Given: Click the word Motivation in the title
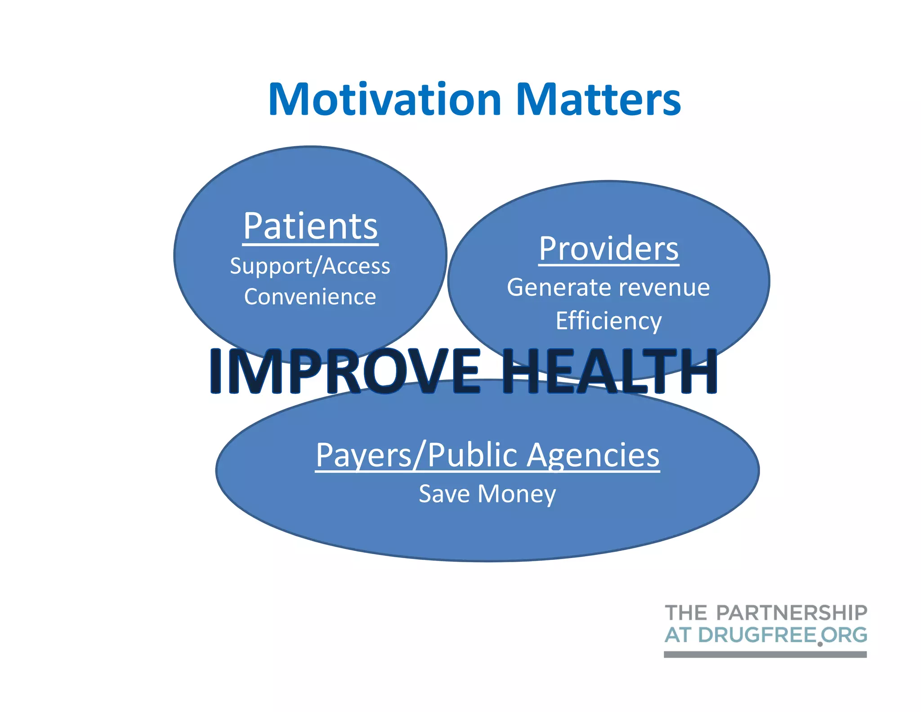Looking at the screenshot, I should coord(384,100).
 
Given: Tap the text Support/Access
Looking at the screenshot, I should coord(310,266).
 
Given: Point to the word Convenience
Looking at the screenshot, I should coord(310,297).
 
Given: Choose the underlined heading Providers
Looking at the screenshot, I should coord(608,249).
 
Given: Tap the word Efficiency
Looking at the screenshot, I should coord(608,321).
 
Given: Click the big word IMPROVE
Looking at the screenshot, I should coord(344,372).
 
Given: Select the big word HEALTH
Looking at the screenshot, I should coord(608,372).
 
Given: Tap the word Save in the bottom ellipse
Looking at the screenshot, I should coord(444,494).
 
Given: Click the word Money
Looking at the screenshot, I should coord(517,494).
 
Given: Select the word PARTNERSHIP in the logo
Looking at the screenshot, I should coord(791,613).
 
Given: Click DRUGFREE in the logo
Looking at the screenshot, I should coord(757,635).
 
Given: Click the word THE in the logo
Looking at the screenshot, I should coord(686,613).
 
